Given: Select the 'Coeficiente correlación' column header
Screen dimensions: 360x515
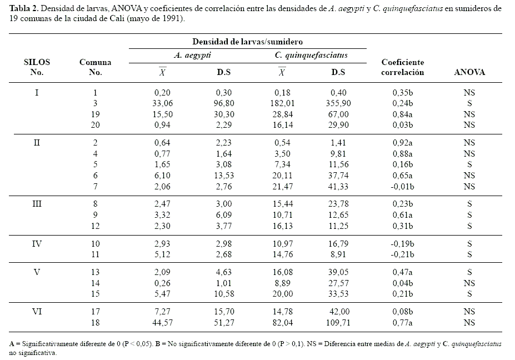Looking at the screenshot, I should click(402, 67).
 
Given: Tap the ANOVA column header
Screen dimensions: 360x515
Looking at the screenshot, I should click(469, 72).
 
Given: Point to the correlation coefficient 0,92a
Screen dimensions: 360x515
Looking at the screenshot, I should click(402, 143).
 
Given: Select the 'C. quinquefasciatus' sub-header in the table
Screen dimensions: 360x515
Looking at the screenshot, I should click(311, 56).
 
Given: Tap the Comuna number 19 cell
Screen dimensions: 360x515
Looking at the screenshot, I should click(95, 114).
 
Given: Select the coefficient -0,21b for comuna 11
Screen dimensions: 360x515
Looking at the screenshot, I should click(401, 254).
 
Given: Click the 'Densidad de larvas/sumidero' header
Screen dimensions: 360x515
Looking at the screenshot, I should click(248, 42).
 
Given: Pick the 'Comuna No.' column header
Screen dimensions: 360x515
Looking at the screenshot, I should click(95, 67).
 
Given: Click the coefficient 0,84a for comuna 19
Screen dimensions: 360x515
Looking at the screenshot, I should click(402, 114).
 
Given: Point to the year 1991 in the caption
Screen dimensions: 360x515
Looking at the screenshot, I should click(171, 18).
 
